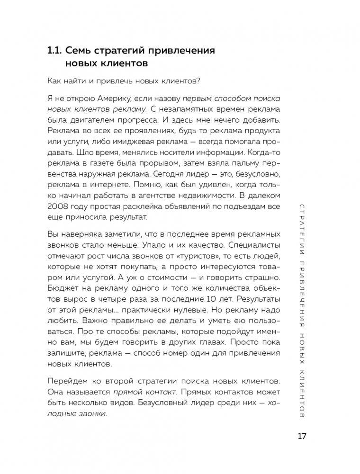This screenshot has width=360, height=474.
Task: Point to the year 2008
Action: click(60, 207)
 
